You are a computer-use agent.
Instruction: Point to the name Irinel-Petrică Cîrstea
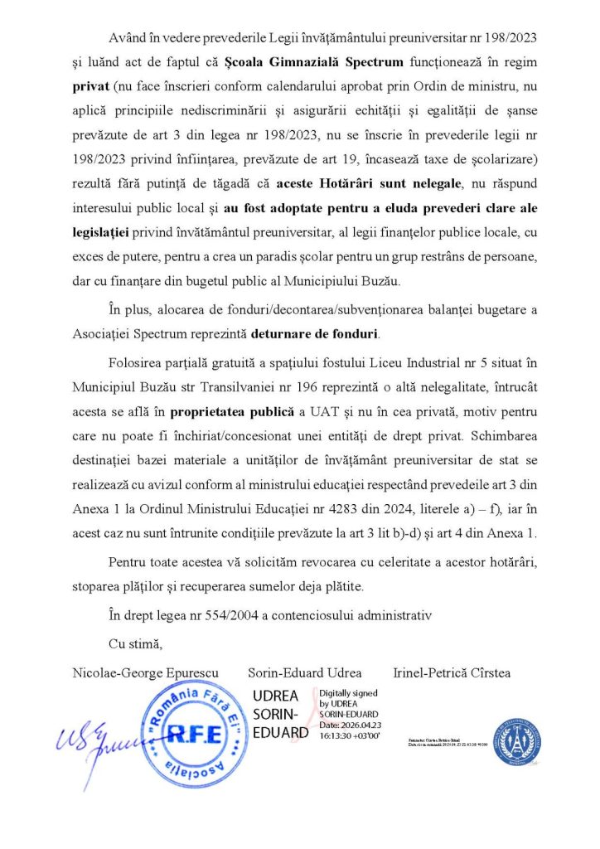452,672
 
